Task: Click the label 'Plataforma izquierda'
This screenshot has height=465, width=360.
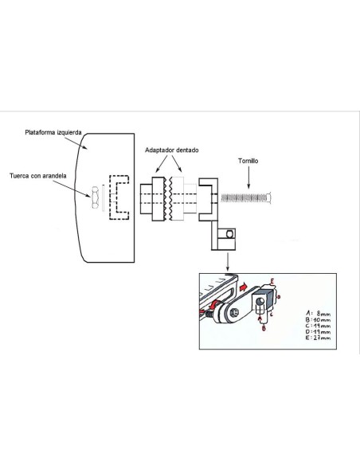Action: (57, 134)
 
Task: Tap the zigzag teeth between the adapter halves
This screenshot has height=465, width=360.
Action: (170, 197)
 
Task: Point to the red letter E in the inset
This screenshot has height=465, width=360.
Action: (272, 282)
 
